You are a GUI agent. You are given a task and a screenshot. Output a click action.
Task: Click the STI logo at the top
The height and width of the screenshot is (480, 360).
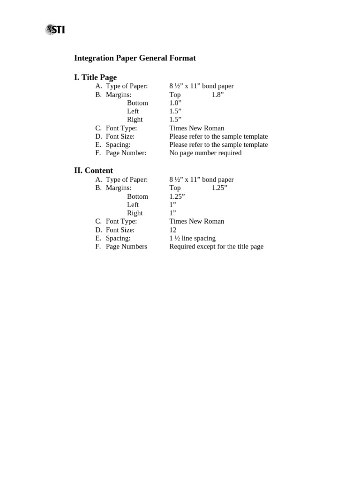(55, 30)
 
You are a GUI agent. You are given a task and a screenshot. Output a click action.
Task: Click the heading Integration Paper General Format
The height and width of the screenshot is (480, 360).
(135, 58)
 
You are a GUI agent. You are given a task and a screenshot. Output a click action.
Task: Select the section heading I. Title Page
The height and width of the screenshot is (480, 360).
(95, 77)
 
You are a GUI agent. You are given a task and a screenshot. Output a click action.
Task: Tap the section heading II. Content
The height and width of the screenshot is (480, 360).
(93, 171)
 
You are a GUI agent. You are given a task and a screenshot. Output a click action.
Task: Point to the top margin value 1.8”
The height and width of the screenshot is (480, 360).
(217, 95)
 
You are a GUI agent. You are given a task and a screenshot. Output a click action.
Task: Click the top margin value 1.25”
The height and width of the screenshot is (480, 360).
(219, 188)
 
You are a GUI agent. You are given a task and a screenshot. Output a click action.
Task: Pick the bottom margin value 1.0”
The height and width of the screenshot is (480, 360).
(175, 103)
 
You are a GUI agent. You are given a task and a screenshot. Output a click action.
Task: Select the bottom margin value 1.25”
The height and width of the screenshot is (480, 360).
(177, 196)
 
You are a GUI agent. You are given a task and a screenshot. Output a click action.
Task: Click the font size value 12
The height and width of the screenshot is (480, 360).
(173, 230)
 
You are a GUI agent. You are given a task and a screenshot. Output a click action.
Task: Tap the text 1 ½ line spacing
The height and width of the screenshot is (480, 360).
(192, 238)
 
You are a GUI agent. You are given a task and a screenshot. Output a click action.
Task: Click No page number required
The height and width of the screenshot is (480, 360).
(205, 153)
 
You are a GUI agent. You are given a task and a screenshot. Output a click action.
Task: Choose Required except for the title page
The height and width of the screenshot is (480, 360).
(216, 247)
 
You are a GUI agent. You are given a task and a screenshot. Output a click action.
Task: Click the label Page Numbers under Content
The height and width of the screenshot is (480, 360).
(126, 247)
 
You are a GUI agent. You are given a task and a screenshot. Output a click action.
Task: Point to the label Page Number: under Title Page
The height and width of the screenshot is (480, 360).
(126, 153)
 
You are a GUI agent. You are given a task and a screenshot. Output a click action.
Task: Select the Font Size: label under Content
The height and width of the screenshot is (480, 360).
(120, 230)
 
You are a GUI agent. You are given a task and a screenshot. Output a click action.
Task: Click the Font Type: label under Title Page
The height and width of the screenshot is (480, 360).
(121, 128)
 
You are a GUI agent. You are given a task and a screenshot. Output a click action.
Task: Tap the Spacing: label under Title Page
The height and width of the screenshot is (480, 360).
(118, 144)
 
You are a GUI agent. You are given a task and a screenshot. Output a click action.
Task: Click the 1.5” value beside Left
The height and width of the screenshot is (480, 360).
(175, 111)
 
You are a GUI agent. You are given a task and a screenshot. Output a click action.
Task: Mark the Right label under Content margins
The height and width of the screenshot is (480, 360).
(135, 213)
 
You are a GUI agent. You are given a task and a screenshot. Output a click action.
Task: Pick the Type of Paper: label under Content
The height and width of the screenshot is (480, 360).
(127, 180)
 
